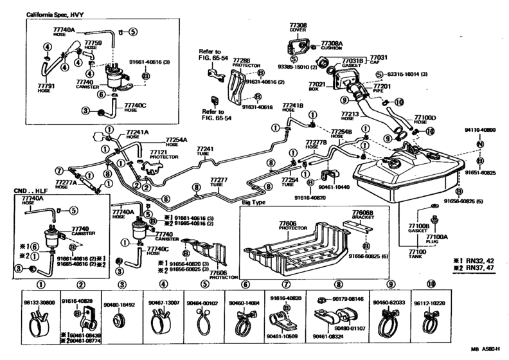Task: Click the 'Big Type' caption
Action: [x=255, y=202]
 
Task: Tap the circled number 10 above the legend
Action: [x=430, y=283]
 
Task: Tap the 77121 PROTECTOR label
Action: [x=161, y=155]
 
